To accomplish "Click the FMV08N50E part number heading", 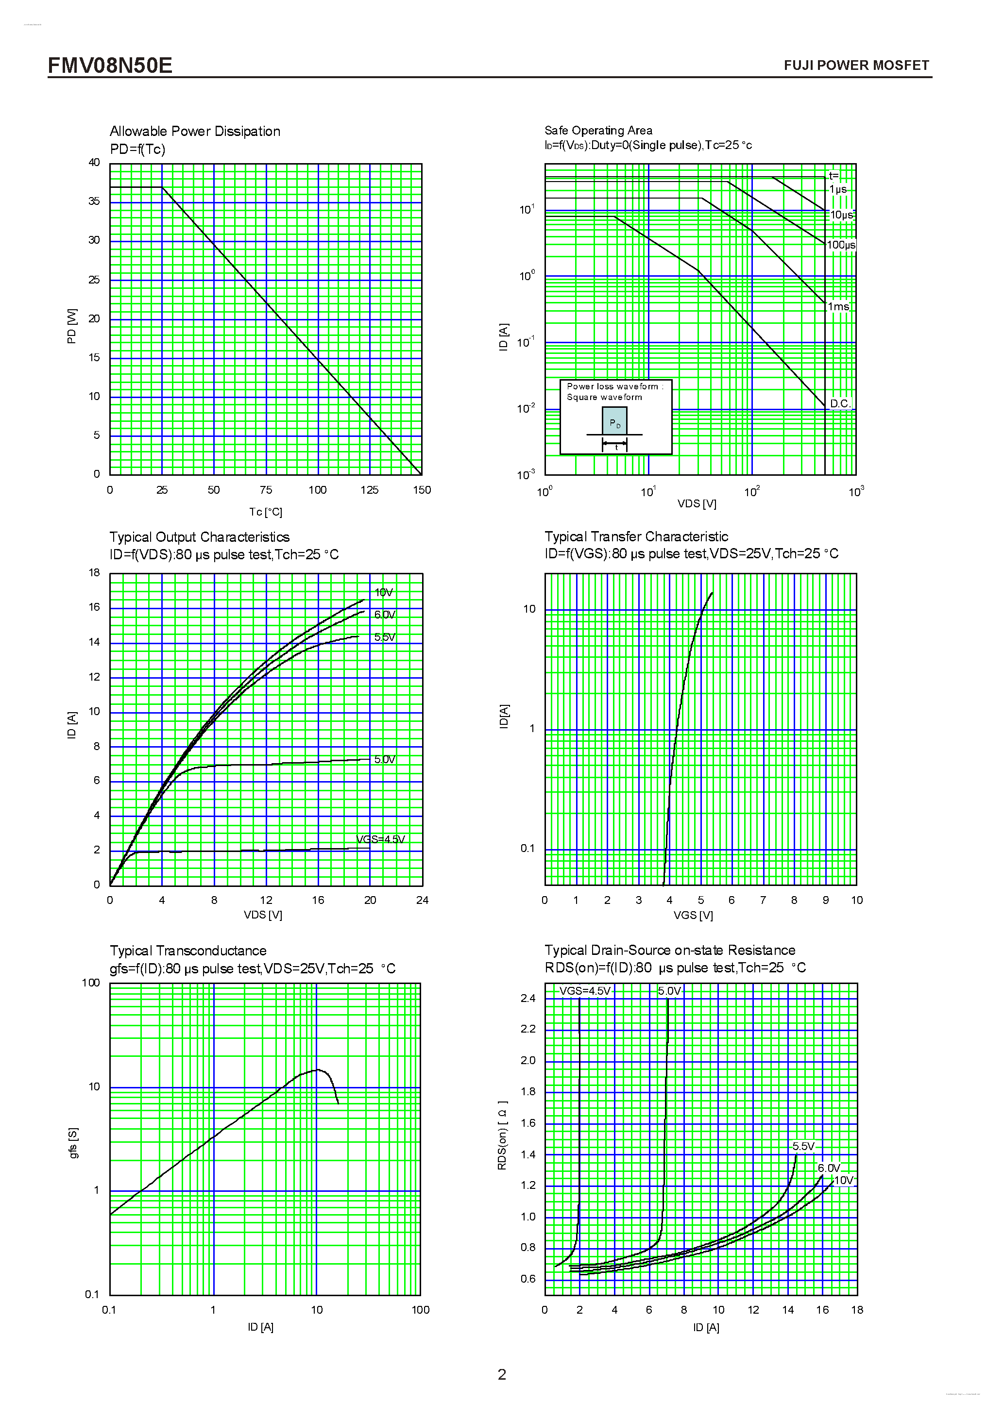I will pos(110,66).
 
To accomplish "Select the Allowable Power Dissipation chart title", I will pos(195,131).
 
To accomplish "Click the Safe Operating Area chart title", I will pos(598,131).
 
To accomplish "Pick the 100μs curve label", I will pos(841,245).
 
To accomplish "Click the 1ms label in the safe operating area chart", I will pos(838,306).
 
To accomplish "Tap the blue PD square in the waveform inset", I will pos(614,423).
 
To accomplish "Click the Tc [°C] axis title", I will pos(265,512).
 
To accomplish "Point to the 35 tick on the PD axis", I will pos(94,201).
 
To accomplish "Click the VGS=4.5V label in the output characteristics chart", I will pos(380,839).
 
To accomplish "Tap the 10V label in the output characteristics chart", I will pos(383,593).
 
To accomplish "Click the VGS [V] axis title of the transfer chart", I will pos(693,915).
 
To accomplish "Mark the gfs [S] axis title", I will pos(73,1143).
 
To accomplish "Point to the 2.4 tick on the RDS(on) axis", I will pos(528,999).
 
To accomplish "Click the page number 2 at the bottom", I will pos(501,1374).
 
